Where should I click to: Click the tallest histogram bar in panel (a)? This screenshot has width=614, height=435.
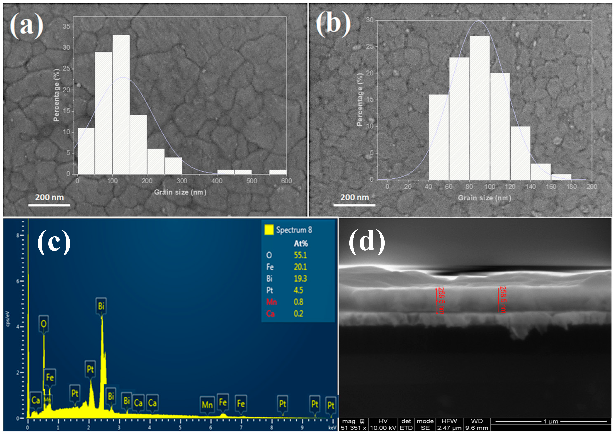point(121,104)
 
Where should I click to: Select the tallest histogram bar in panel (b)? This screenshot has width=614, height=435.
point(479,107)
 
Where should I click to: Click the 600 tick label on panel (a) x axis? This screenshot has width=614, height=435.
point(286,181)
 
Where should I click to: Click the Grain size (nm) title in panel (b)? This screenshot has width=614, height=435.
point(484,198)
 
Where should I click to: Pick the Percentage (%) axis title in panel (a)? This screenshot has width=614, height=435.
point(56,95)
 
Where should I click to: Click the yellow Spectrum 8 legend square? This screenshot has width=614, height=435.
point(269,230)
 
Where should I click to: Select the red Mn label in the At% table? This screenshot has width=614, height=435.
point(271,302)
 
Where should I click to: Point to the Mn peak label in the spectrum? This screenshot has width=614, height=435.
point(207,405)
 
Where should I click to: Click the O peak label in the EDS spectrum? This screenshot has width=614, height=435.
point(43,324)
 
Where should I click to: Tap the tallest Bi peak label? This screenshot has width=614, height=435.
point(101,306)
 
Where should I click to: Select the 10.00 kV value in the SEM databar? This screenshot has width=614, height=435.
point(382,428)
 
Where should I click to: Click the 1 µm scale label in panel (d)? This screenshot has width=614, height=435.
point(551,422)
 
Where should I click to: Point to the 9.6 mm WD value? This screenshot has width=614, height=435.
point(477,428)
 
